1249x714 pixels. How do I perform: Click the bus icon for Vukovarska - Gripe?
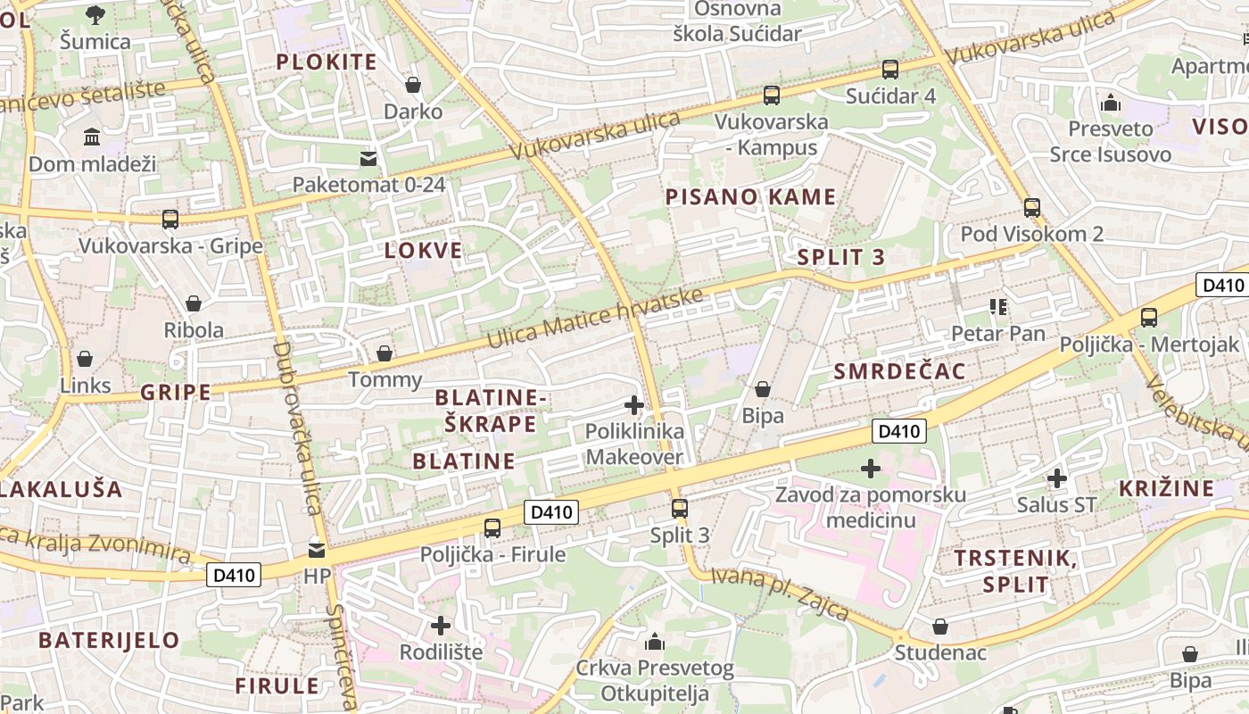pyautogui.click(x=170, y=219)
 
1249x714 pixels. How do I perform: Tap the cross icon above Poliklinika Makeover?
pyautogui.click(x=634, y=406)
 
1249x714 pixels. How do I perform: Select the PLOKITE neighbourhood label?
pyautogui.click(x=327, y=62)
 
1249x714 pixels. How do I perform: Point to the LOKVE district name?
pyautogui.click(x=424, y=251)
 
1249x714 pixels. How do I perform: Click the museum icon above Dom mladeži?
pyautogui.click(x=92, y=137)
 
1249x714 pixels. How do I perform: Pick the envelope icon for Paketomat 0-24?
pyautogui.click(x=368, y=159)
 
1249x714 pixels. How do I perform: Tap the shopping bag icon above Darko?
pyautogui.click(x=413, y=85)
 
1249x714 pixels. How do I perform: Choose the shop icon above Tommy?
pyautogui.click(x=385, y=353)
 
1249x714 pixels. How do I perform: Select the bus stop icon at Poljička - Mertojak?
pyautogui.click(x=1149, y=318)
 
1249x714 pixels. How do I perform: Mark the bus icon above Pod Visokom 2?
pyautogui.click(x=1032, y=208)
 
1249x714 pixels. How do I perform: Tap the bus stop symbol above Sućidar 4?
pyautogui.click(x=889, y=70)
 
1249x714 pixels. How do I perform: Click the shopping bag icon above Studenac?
pyautogui.click(x=940, y=627)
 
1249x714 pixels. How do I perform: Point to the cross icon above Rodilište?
pyautogui.click(x=441, y=626)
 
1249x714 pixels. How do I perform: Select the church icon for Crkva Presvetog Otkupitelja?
pyautogui.click(x=655, y=642)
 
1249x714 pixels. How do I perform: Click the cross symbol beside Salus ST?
pyautogui.click(x=1057, y=478)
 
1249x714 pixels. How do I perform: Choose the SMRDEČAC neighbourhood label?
pyautogui.click(x=900, y=372)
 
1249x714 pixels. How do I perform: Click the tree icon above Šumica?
pyautogui.click(x=95, y=14)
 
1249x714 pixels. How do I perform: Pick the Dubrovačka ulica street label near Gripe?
pyautogui.click(x=297, y=428)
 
